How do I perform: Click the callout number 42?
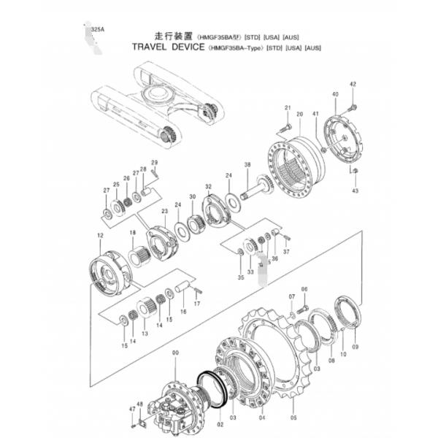pos(353,85)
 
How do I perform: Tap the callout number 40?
pos(335,96)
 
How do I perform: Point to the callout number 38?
pos(247,164)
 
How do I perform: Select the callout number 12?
pos(100,235)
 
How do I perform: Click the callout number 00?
pos(174,353)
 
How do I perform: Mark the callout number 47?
pos(132,410)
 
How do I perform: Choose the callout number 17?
pos(197,304)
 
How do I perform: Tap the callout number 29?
pos(154,162)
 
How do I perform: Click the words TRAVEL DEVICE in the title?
pos(169,47)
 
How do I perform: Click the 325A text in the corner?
pos(95,29)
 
